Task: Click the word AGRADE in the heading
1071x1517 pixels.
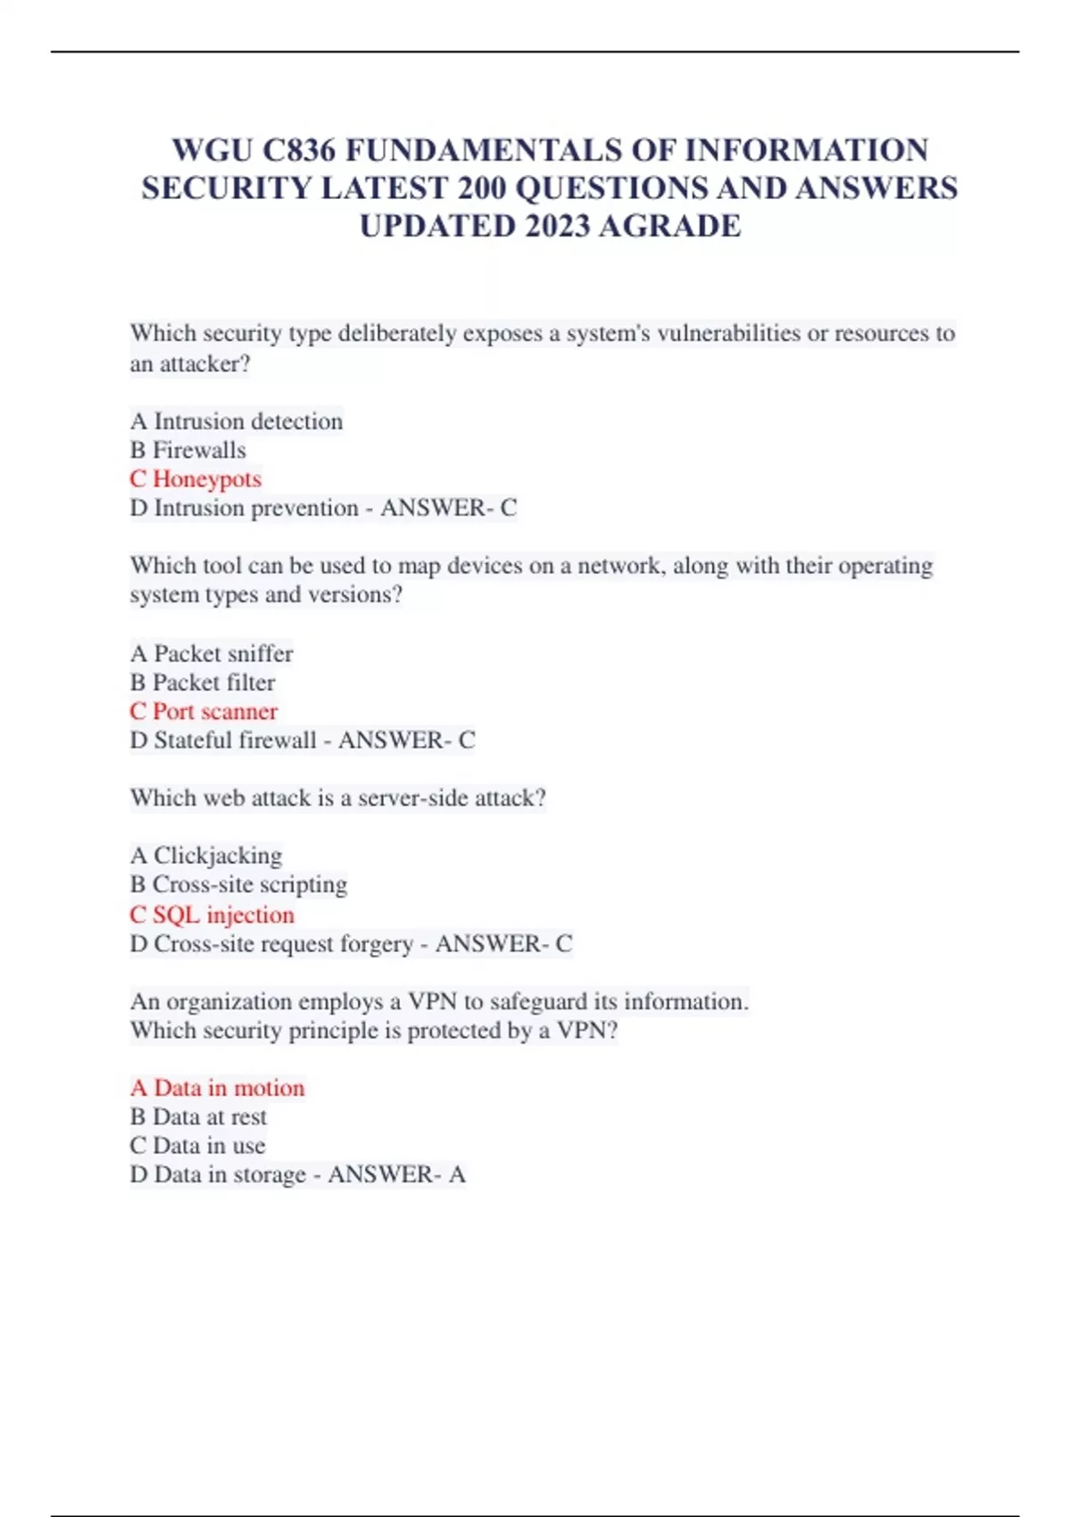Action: pos(670,227)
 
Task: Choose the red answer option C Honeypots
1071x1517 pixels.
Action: pos(195,479)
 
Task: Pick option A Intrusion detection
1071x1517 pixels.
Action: pos(237,421)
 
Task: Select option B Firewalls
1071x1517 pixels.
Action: pos(187,450)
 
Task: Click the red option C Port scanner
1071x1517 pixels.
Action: pos(203,711)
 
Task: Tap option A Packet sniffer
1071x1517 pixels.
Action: pos(212,653)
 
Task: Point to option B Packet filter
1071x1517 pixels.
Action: pos(203,683)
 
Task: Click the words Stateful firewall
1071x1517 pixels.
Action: pos(235,741)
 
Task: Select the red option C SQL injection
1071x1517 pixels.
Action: pos(212,915)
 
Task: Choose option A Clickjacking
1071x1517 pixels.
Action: pos(206,856)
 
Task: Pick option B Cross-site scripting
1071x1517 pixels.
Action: pos(238,884)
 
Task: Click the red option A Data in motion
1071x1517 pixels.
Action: pos(218,1088)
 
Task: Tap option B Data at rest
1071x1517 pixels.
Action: pos(198,1116)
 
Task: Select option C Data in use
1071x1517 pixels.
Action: pos(197,1146)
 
